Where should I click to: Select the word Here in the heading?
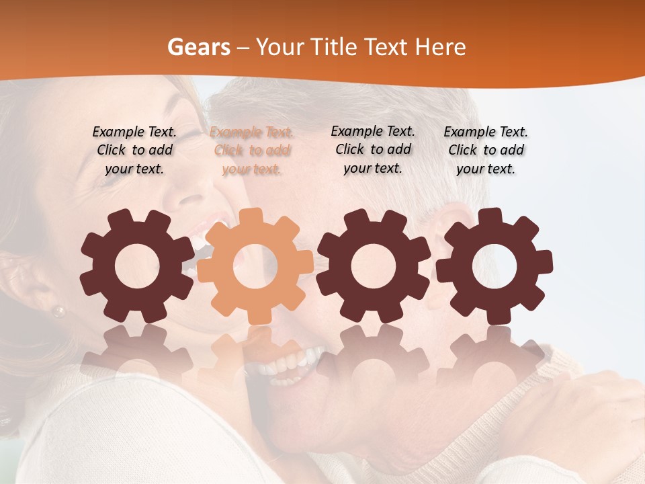point(441,47)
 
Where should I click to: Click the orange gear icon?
point(255,266)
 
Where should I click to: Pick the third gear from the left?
point(374,266)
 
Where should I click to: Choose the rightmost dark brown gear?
point(494,266)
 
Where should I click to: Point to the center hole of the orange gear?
point(255,266)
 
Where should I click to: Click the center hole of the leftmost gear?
point(136,266)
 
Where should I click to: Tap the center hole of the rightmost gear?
point(494,266)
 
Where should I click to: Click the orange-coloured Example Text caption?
point(252,151)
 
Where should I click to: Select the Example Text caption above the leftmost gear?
point(134,151)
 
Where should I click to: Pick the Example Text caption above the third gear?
point(373,149)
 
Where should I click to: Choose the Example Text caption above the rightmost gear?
point(486,151)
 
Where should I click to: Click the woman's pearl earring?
point(59,311)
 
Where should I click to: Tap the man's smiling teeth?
point(282,367)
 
